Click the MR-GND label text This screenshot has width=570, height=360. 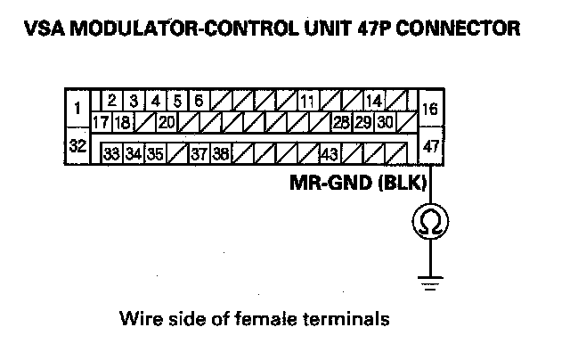[324, 184]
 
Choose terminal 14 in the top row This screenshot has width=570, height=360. [374, 100]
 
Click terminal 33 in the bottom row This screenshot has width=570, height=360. [112, 153]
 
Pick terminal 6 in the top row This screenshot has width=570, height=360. [199, 100]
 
